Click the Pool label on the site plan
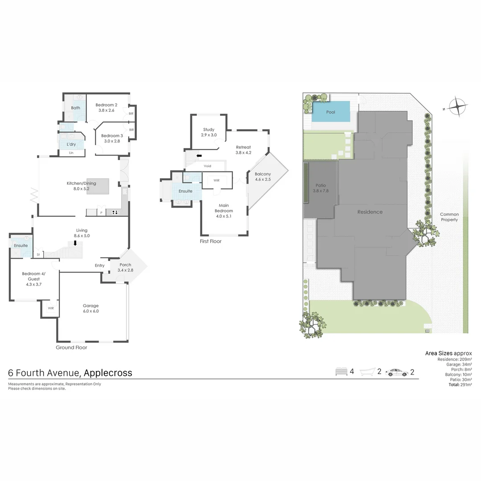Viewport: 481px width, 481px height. pyautogui.click(x=330, y=112)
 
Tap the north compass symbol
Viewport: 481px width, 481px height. pyautogui.click(x=458, y=107)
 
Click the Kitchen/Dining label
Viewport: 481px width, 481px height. pyautogui.click(x=81, y=183)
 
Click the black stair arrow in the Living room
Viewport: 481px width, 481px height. pyautogui.click(x=75, y=243)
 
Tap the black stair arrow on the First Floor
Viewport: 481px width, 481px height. pyautogui.click(x=199, y=156)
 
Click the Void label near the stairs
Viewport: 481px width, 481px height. pyautogui.click(x=208, y=166)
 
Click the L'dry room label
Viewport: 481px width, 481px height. pyautogui.click(x=71, y=145)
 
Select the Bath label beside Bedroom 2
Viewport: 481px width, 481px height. pyautogui.click(x=76, y=108)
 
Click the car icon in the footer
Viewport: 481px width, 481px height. pyautogui.click(x=396, y=372)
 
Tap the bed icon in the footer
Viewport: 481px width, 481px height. pyautogui.click(x=341, y=372)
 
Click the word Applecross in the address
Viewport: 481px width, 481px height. pyautogui.click(x=108, y=373)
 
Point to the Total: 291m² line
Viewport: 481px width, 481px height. pyautogui.click(x=460, y=384)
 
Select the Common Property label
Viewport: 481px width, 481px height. pyautogui.click(x=449, y=217)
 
